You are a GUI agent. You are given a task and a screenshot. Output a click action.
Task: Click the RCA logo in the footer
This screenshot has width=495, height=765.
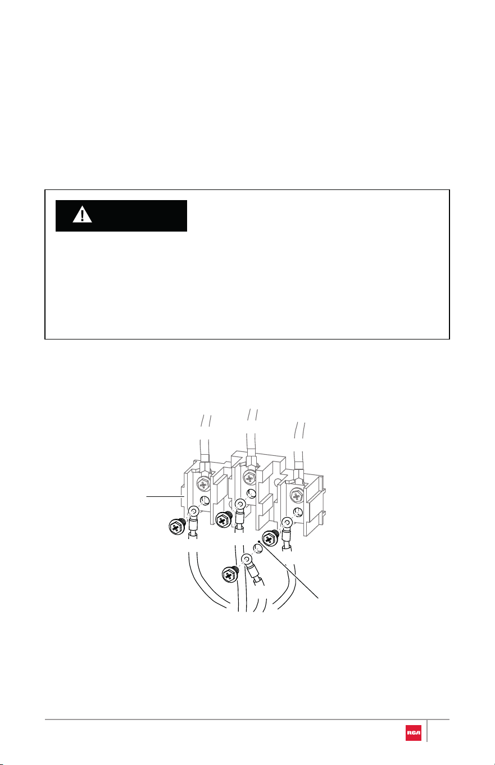[413, 732]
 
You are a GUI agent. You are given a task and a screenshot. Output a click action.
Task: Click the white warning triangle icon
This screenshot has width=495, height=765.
[82, 215]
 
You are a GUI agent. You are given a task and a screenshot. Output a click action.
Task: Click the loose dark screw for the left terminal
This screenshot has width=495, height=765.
[177, 527]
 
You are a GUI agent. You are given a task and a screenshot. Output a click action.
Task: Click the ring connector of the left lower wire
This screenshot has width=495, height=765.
[194, 511]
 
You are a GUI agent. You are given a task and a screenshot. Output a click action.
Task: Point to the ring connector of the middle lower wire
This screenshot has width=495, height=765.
[240, 504]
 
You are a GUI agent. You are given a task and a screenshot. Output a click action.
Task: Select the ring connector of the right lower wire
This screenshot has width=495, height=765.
[287, 523]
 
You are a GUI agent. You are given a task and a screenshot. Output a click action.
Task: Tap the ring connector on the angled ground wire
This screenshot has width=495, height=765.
[247, 559]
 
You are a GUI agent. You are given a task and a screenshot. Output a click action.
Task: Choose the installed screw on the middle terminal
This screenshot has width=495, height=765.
[249, 478]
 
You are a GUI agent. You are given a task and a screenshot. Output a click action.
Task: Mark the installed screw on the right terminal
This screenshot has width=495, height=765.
[296, 495]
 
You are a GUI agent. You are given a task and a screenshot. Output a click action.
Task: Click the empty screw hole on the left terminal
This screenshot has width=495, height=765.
[204, 501]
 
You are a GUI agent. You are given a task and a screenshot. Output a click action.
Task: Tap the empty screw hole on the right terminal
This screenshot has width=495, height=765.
[297, 512]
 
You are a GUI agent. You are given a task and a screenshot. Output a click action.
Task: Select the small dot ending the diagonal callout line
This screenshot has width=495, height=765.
[260, 542]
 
